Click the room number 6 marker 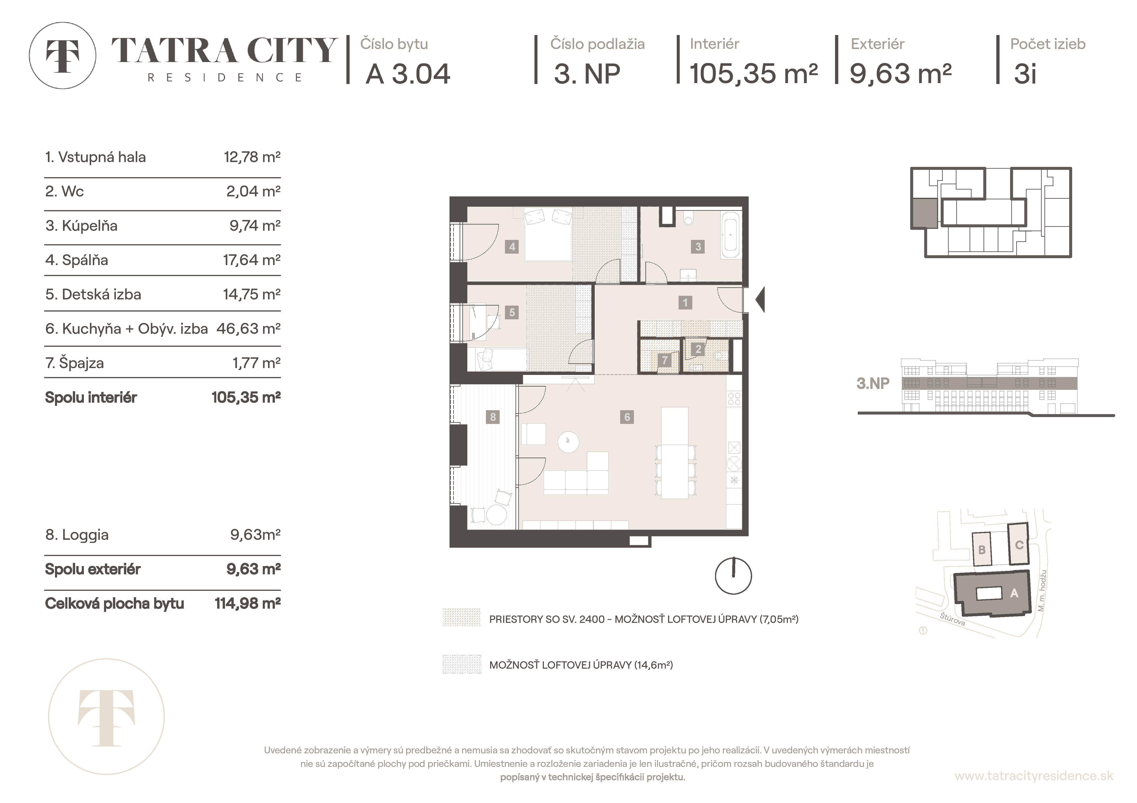point(627,417)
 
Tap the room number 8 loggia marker point(493,417)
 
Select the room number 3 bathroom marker point(698,246)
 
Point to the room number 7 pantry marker point(665,360)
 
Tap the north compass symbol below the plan point(733,576)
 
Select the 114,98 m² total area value point(248,604)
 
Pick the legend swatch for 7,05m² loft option point(462,618)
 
